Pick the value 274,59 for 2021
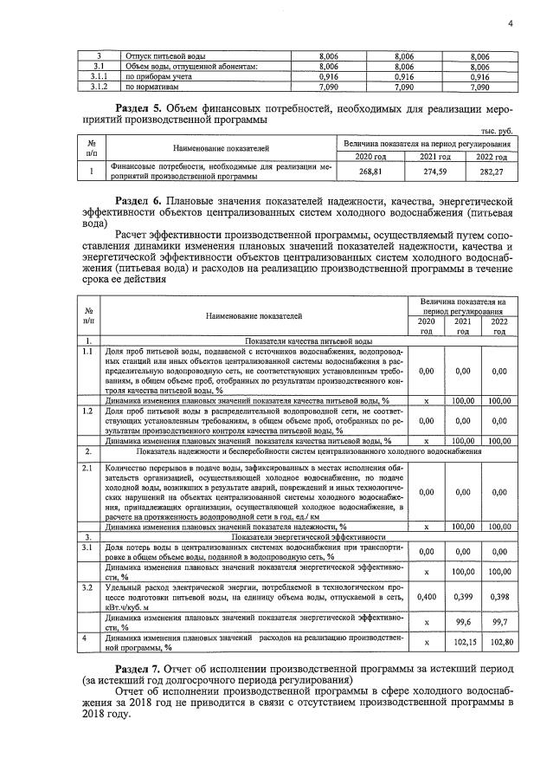pos(430,172)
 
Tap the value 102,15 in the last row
pos(463,642)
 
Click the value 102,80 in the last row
pos(498,642)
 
